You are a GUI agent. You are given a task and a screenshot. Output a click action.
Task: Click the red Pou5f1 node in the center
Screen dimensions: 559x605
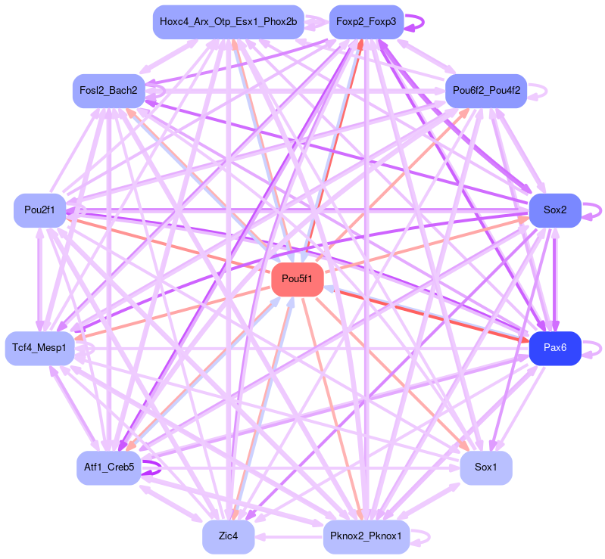[298, 280]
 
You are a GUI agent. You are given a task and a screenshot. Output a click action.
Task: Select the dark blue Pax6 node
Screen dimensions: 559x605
[554, 349]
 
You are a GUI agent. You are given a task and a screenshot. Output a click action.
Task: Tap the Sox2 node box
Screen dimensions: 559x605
[554, 210]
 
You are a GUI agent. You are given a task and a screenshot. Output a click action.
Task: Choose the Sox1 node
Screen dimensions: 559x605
[485, 467]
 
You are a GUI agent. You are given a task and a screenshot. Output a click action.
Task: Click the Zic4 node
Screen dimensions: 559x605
[228, 536]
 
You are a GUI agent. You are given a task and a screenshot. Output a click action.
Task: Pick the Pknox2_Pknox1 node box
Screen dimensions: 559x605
[366, 536]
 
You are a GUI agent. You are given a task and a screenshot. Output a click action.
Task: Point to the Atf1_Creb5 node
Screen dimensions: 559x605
[108, 467]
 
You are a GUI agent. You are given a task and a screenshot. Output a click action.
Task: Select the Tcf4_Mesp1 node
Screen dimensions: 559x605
[39, 349]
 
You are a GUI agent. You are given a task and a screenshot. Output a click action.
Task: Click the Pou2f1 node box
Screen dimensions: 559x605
[39, 210]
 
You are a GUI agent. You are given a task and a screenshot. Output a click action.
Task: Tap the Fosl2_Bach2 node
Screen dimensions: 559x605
[108, 91]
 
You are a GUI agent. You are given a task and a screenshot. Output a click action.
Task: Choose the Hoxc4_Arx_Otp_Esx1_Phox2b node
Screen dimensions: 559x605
[228, 22]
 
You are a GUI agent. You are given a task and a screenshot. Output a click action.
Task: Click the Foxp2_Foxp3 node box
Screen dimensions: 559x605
[366, 22]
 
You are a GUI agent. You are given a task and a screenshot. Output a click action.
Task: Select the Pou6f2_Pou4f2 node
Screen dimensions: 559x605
[485, 91]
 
